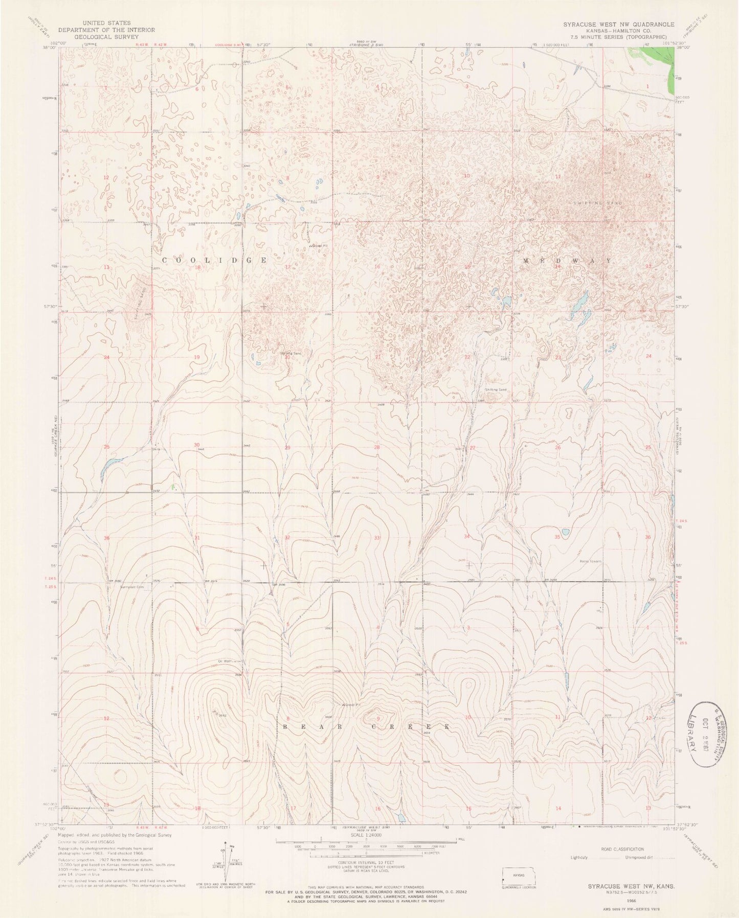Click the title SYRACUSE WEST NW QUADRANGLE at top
(x=618, y=24)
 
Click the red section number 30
(x=196, y=445)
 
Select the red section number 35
(x=557, y=537)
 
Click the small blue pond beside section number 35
(x=566, y=531)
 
